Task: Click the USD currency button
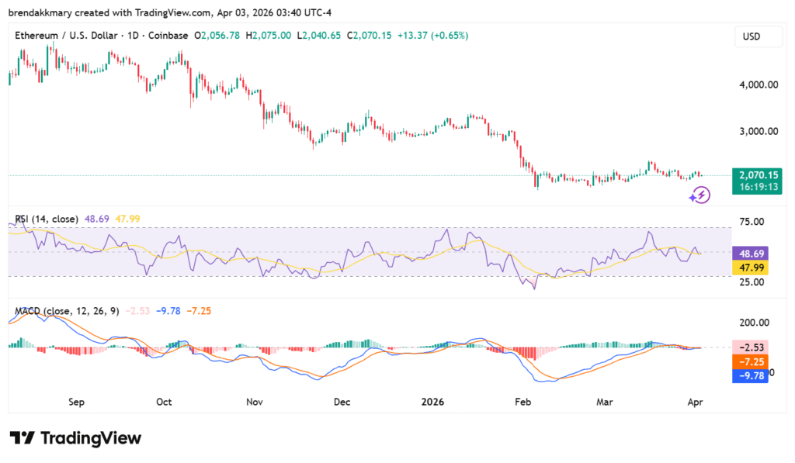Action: (752, 36)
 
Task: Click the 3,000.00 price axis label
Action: (757, 131)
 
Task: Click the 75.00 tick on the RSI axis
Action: (752, 222)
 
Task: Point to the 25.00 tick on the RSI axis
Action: (752, 282)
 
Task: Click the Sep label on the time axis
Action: (76, 403)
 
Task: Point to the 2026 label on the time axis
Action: (432, 403)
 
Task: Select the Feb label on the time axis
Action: (522, 403)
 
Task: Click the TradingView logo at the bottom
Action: (75, 438)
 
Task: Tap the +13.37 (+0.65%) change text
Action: (432, 36)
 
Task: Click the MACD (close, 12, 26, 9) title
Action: (67, 311)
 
